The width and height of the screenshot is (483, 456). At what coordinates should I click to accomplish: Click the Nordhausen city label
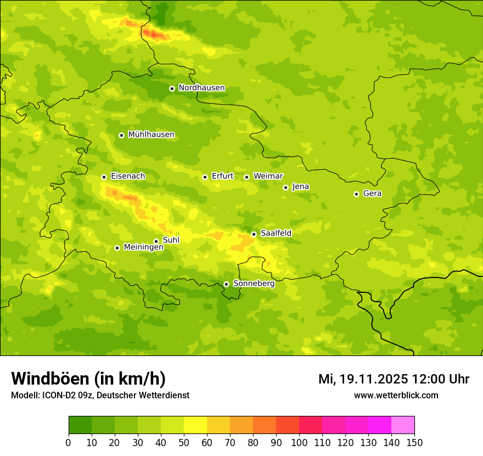201,88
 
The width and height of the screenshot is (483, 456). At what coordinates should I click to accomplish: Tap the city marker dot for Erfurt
205,177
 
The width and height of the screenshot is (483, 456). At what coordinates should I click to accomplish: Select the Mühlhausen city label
151,135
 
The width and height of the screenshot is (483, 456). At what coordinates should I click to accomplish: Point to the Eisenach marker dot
104,177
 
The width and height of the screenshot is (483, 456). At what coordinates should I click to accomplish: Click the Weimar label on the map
268,176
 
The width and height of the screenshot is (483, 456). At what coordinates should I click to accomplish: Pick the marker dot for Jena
285,187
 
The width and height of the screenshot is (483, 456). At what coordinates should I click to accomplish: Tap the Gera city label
372,193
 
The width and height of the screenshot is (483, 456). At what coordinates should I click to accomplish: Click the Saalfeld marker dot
254,234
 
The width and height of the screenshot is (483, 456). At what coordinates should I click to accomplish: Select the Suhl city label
171,240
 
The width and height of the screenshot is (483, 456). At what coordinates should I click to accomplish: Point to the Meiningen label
143,247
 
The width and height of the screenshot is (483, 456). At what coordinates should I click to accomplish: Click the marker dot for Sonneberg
226,284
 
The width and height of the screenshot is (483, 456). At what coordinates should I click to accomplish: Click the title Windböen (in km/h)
88,379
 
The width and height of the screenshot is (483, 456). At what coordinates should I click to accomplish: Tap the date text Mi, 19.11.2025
363,379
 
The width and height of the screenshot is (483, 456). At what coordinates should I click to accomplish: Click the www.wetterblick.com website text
396,395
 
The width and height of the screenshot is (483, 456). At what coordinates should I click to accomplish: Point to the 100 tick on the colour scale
299,442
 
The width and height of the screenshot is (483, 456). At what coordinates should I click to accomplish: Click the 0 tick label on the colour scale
69,442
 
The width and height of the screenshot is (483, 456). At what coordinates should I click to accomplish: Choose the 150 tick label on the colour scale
414,442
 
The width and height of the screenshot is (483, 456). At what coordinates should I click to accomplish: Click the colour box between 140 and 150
403,425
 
